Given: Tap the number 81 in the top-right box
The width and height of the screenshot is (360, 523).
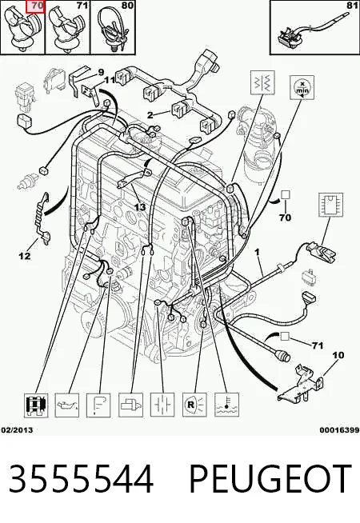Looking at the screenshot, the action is [352, 6].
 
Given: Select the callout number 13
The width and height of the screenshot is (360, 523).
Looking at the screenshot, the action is [140, 207].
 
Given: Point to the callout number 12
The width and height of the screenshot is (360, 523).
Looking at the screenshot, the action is [25, 256].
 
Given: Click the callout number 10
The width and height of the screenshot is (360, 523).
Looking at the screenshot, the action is [338, 355].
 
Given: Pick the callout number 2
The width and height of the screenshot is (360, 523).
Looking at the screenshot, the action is [150, 115].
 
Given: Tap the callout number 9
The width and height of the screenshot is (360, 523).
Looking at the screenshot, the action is [101, 73].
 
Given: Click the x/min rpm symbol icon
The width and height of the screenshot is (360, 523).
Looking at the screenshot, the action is [302, 87].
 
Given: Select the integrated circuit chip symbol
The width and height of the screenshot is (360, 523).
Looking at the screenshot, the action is [331, 205].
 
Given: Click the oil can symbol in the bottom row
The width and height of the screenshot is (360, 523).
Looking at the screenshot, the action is [66, 405].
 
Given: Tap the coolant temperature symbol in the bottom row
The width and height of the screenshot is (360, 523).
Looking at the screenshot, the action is [226, 405].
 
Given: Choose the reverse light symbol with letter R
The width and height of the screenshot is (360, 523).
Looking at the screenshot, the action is [194, 405].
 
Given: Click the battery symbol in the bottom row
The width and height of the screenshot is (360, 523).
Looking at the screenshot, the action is [162, 405].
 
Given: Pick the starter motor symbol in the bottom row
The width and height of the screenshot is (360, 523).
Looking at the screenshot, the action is [130, 405].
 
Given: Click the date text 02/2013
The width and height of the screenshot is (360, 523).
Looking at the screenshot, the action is [17, 430].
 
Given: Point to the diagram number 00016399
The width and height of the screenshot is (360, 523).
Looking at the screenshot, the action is [339, 430].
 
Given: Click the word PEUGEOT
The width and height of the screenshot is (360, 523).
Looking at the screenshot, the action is [270, 479].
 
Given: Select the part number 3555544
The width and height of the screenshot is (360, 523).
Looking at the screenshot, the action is [81, 479].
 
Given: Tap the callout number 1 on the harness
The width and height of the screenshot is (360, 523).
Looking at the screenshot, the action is [258, 253].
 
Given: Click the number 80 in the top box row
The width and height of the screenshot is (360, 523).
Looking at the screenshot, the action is [128, 6].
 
